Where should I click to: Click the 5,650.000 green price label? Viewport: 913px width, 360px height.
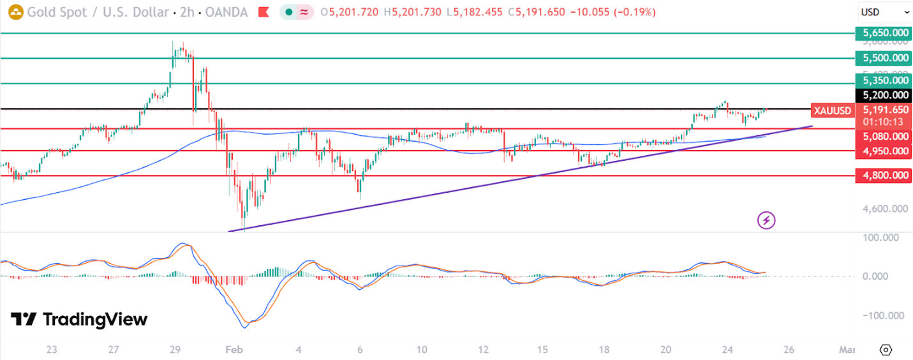point(883,33)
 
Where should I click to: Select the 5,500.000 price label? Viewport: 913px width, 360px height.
point(883,58)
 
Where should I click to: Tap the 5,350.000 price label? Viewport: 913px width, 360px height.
point(883,80)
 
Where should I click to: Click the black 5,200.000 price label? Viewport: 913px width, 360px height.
point(883,95)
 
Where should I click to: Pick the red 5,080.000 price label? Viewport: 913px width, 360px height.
point(883,136)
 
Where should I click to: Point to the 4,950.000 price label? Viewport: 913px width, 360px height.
point(883,151)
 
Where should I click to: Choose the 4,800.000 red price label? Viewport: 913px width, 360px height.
point(883,176)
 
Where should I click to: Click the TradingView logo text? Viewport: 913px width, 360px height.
point(80,319)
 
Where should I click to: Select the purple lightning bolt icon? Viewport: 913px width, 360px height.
point(766,221)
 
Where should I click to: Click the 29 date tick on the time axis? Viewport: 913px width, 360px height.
point(175,350)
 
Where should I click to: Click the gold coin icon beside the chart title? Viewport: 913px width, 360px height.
point(13,12)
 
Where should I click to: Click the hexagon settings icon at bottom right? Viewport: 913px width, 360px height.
point(885,350)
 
